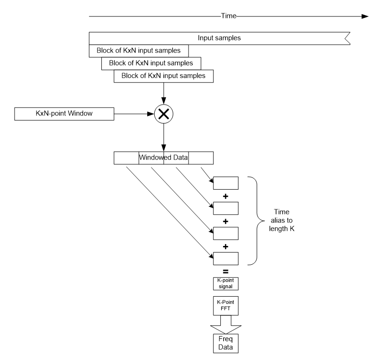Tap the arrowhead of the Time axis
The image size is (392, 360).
[365, 15]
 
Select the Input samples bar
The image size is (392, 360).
[219, 38]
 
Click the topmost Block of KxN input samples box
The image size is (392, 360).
[138, 50]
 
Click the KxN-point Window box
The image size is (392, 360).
[64, 113]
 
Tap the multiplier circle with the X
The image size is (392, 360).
[163, 113]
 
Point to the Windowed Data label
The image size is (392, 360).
[163, 158]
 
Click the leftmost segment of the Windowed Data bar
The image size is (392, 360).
[127, 158]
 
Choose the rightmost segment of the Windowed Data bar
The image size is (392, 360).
[201, 158]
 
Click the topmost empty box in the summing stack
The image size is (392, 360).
[226, 183]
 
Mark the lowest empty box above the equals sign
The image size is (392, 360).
[226, 258]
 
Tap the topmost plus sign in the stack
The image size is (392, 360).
[226, 195]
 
